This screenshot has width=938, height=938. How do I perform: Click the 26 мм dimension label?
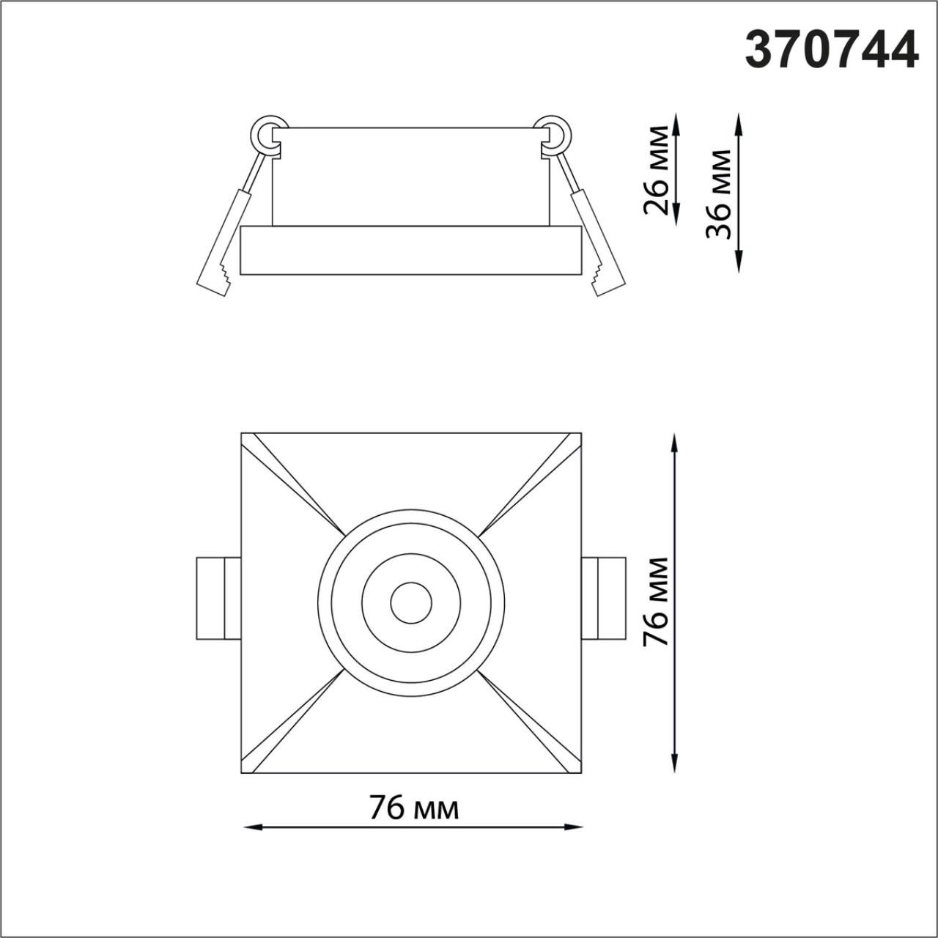[657, 170]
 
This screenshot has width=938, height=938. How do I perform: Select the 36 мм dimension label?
[718, 194]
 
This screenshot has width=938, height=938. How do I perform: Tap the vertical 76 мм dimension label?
[655, 602]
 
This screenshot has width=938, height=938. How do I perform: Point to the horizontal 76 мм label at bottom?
[414, 808]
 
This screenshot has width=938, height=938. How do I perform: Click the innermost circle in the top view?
[411, 603]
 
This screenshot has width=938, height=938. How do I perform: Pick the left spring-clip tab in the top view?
[218, 599]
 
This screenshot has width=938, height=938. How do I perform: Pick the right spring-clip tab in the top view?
[604, 599]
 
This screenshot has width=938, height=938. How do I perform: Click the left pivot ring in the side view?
[268, 133]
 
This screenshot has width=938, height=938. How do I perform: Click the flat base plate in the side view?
[411, 250]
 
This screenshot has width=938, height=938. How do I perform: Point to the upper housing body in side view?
[410, 177]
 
